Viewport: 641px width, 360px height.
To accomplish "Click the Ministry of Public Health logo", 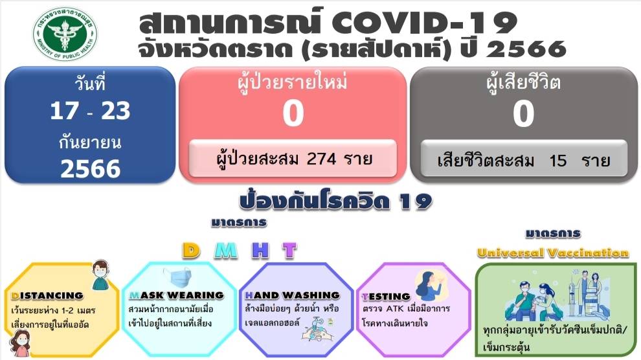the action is tap(65, 34).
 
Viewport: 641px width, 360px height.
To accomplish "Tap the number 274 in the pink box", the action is tap(322, 159).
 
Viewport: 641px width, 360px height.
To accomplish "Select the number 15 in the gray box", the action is tap(557, 160).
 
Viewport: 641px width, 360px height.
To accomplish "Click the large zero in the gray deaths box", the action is tap(524, 113).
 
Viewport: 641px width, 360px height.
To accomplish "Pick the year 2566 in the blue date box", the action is tap(91, 168).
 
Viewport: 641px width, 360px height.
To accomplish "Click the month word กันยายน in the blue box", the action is tap(90, 142).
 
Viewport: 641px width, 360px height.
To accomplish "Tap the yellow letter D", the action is tap(191, 250).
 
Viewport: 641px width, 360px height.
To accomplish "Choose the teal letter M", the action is tap(226, 250).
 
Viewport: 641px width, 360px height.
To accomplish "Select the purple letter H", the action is tap(260, 250).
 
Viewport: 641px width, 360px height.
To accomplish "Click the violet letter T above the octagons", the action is tap(289, 250).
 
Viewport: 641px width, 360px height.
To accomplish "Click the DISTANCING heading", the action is tap(47, 295).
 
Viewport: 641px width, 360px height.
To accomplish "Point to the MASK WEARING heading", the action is tap(177, 295).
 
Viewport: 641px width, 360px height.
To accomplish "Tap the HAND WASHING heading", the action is tap(292, 295).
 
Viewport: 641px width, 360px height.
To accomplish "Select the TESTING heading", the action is tap(386, 297).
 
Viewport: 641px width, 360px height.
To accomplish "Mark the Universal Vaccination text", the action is tap(553, 253).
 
